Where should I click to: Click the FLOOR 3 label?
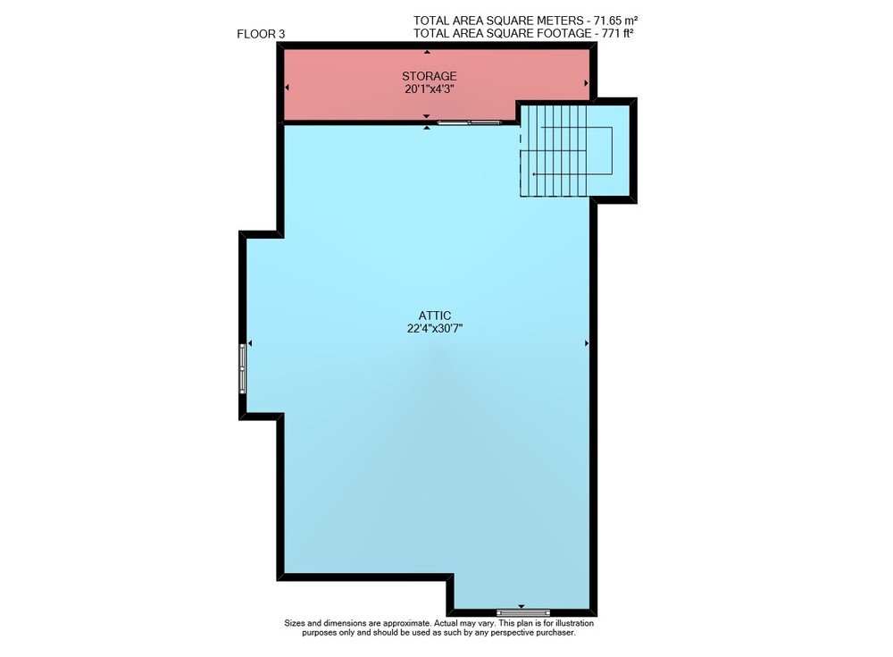pyautogui.click(x=261, y=34)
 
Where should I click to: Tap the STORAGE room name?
pyautogui.click(x=430, y=76)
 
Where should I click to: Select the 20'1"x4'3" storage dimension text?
pyautogui.click(x=430, y=89)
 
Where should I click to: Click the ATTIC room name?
pyautogui.click(x=435, y=316)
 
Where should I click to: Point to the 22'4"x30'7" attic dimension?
pyautogui.click(x=435, y=329)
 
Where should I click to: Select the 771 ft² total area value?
pyautogui.click(x=618, y=33)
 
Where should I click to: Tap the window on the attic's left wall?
pyautogui.click(x=243, y=368)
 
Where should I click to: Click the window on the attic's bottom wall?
pyautogui.click(x=522, y=613)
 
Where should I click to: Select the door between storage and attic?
pyautogui.click(x=470, y=122)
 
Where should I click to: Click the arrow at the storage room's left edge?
pyautogui.click(x=287, y=88)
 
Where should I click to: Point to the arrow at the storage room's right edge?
pyautogui.click(x=586, y=83)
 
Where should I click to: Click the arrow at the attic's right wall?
pyautogui.click(x=587, y=343)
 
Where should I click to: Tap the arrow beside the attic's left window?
pyautogui.click(x=250, y=343)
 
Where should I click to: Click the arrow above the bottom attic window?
pyautogui.click(x=522, y=607)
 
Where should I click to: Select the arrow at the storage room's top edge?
pyautogui.click(x=427, y=52)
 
